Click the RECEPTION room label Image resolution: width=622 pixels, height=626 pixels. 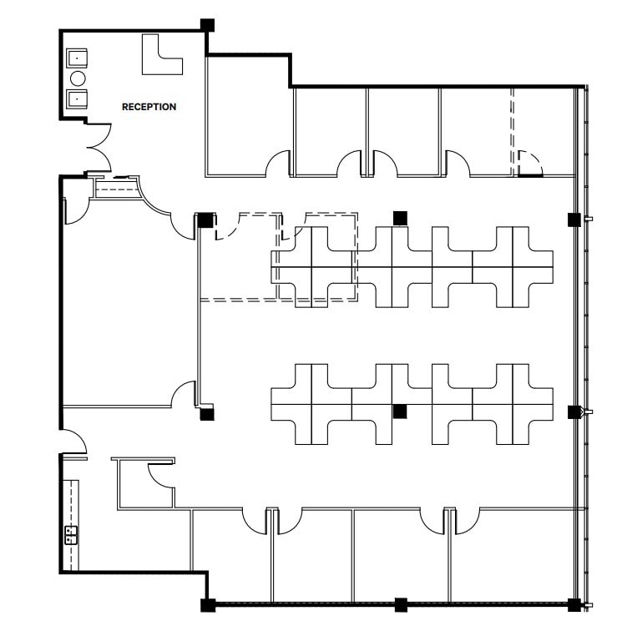tap(149, 107)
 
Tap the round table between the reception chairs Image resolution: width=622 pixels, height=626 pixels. tap(78, 78)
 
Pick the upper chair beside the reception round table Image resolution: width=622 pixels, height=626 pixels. tap(78, 58)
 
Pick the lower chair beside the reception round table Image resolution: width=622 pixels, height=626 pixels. tap(78, 98)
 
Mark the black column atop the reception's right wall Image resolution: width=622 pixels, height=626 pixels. tap(207, 25)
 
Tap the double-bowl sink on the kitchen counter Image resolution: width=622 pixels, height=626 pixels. tap(71, 534)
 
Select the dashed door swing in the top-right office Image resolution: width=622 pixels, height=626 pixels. tap(529, 163)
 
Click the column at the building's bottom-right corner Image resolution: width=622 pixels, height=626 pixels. tap(574, 604)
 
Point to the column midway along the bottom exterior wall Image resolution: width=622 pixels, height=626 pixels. tap(401, 604)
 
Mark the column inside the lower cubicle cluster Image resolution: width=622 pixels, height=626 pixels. tap(400, 410)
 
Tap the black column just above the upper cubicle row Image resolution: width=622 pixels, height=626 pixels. tap(400, 218)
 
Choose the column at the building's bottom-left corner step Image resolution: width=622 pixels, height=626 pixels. tap(207, 604)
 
